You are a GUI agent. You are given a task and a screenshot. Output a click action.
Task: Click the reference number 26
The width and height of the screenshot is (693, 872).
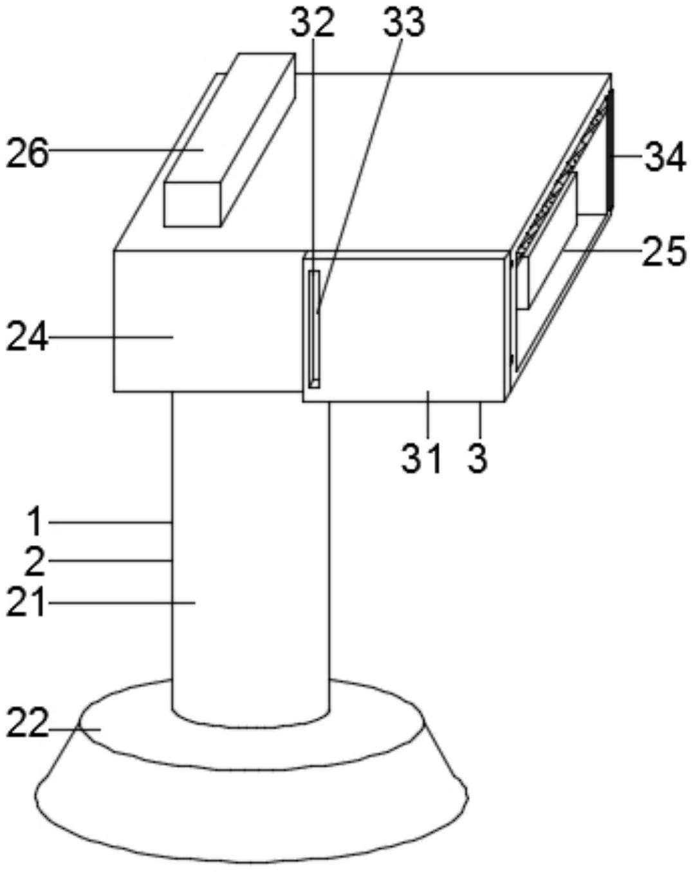(x=27, y=154)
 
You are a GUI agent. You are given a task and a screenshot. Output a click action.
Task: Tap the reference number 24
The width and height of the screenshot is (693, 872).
(x=27, y=337)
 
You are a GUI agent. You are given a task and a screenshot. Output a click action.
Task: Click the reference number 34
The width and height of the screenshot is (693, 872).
(x=665, y=157)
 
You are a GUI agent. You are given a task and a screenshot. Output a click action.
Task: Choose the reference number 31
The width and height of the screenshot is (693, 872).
(x=422, y=459)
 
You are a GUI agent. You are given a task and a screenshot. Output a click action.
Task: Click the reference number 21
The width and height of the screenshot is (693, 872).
(x=27, y=603)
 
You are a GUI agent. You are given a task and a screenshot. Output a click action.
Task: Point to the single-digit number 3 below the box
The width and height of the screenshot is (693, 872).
(x=477, y=459)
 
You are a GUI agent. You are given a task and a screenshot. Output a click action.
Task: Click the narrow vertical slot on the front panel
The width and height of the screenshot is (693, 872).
(x=314, y=329)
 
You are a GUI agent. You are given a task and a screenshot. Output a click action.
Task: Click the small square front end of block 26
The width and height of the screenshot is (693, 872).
(x=192, y=204)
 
